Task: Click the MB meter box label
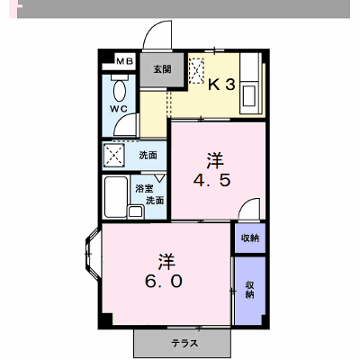(125, 61)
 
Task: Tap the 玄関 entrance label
(162, 69)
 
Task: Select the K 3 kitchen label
(221, 85)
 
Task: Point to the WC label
(119, 109)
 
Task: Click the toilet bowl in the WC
(120, 88)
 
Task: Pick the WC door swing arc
(126, 124)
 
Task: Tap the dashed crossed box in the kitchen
(196, 70)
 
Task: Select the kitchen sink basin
(249, 96)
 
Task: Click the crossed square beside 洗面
(114, 155)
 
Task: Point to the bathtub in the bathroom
(116, 197)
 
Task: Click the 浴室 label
(144, 189)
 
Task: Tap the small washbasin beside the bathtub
(136, 211)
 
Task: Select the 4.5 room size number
(212, 180)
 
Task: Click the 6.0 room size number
(164, 282)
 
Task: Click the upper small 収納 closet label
(250, 238)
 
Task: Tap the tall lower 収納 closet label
(249, 290)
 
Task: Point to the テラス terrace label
(184, 343)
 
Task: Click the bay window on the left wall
(93, 254)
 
